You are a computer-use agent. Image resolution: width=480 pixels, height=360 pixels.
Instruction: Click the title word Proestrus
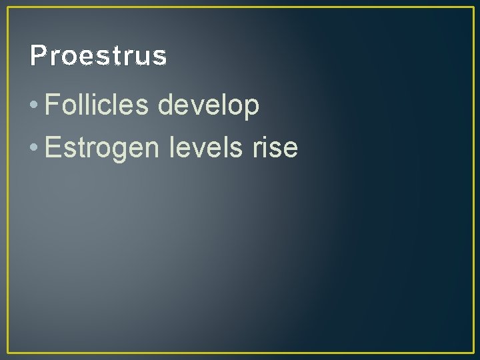[x=98, y=56]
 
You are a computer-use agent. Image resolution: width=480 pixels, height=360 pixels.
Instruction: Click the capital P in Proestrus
[x=37, y=56]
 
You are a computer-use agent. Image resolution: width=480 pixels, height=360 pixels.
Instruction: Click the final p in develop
[x=251, y=108]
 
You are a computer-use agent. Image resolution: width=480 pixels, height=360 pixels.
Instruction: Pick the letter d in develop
[x=165, y=105]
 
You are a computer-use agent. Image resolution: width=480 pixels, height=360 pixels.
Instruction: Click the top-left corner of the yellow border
[x=7, y=7]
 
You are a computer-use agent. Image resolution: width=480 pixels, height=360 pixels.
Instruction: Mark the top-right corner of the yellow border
[x=473, y=7]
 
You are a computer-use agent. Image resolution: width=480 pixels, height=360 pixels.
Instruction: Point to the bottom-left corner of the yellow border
[x=7, y=352]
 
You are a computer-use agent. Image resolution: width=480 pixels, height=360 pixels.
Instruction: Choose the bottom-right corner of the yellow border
[x=473, y=352]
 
